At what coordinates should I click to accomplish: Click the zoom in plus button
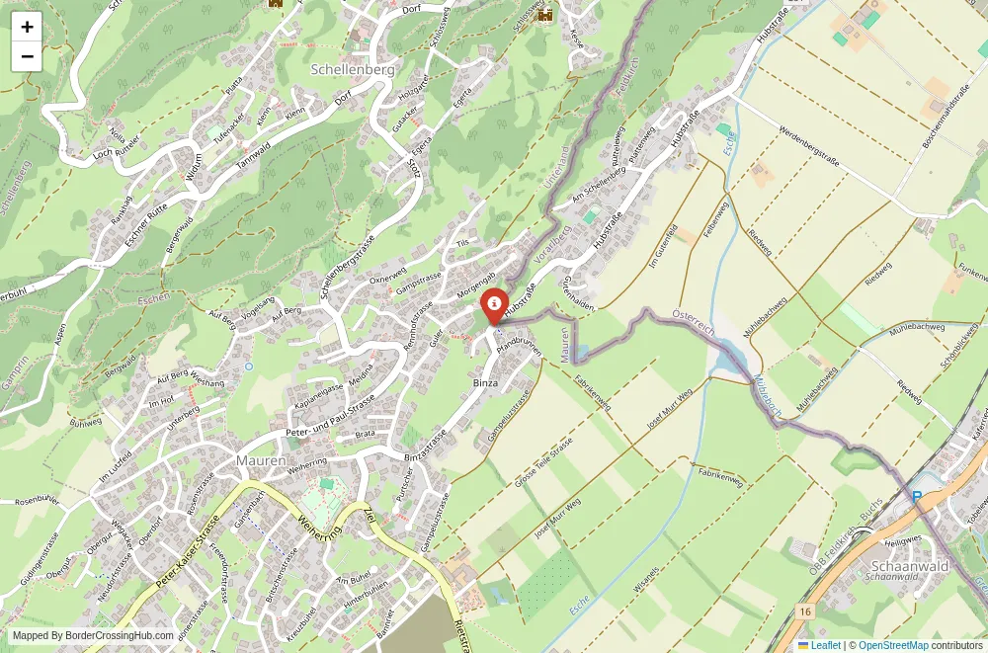27,27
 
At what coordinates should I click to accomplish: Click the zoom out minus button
27,56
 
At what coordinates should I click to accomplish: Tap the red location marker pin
494,305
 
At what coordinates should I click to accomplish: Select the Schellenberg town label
353,70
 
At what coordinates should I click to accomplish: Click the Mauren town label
261,460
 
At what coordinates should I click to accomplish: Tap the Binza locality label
485,382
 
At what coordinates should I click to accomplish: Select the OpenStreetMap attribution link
893,645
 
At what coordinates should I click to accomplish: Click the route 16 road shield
806,613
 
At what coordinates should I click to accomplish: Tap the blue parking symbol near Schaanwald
918,497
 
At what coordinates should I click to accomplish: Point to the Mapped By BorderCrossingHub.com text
93,636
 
